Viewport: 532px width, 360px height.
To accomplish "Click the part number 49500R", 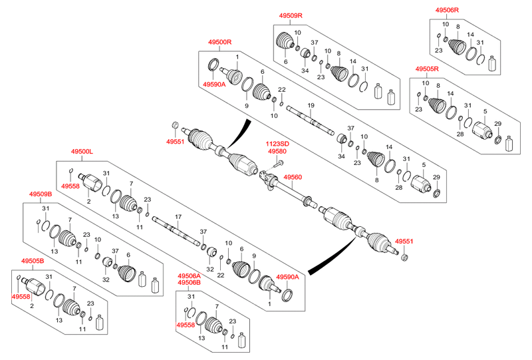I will pos(219,43).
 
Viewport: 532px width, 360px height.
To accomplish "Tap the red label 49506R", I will pos(448,10).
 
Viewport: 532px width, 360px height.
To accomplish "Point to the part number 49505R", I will pos(428,69).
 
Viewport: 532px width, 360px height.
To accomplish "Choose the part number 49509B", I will pos(40,194).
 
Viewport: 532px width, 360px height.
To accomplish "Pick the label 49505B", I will pos(32,261).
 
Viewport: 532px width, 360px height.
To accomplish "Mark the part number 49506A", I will pos(189,275).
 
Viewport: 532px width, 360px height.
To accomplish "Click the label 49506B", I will pos(189,283).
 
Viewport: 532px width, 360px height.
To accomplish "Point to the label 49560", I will pos(293,178).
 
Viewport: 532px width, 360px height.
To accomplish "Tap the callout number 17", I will pos(178,217).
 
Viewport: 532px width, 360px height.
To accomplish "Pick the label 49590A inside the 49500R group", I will pos(213,85).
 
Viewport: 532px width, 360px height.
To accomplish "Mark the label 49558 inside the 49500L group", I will pos(70,186).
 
